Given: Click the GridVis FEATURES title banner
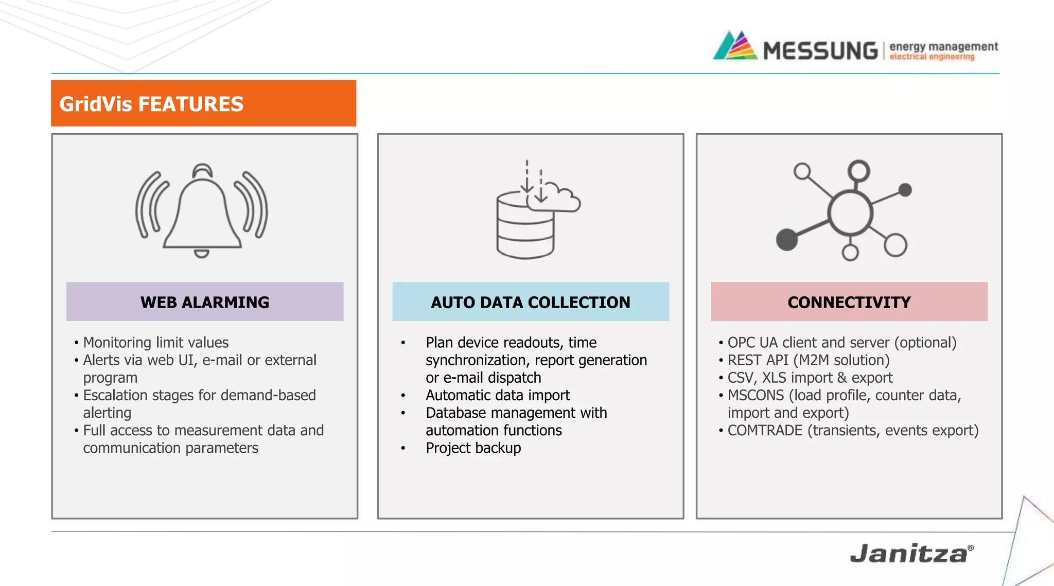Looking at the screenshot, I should tap(203, 103).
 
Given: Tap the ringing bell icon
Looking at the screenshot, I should tap(202, 211).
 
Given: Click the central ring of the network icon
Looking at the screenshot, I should tap(850, 213).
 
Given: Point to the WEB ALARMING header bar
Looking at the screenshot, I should tap(205, 302).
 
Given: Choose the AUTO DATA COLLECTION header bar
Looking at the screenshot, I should tap(531, 302).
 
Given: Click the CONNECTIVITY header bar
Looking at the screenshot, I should tap(849, 302).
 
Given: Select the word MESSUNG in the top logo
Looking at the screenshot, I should tap(820, 51).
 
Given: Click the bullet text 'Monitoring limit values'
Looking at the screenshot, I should tap(155, 343).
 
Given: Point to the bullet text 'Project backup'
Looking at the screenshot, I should tap(473, 448).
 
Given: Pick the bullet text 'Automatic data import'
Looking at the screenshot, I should tap(498, 395).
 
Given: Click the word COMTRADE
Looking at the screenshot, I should tap(765, 431).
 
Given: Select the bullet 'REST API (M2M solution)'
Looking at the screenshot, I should tap(808, 360).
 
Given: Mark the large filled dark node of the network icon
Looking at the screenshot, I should tap(786, 239).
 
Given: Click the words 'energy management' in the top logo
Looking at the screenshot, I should tap(943, 46).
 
